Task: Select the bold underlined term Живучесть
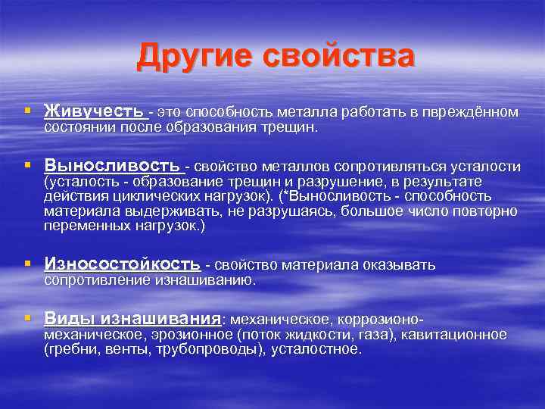(94, 112)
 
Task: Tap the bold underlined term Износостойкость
(122, 264)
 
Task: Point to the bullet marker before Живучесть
(28, 112)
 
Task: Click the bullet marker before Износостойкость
(28, 264)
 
